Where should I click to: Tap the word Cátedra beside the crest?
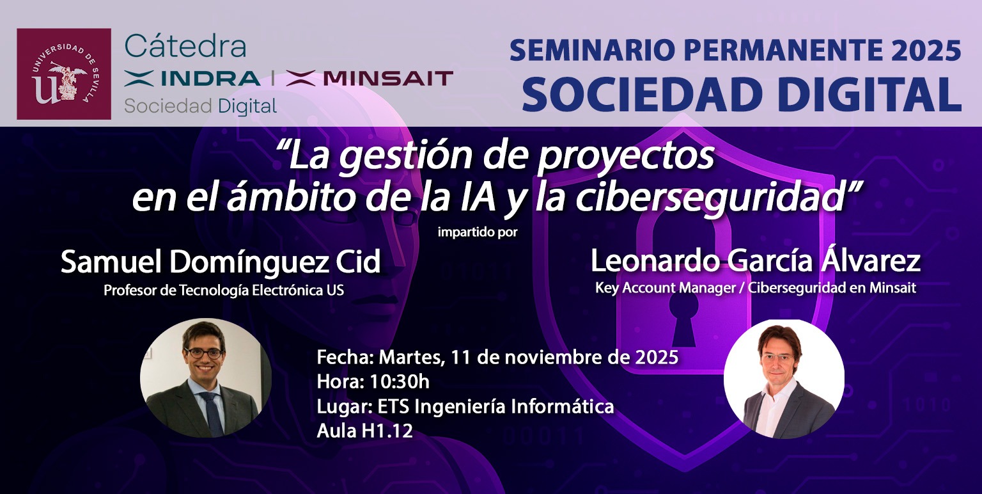click(185, 46)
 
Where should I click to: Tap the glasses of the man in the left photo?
click(204, 353)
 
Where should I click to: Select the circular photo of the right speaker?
click(784, 379)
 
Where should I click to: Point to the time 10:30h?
click(399, 382)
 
